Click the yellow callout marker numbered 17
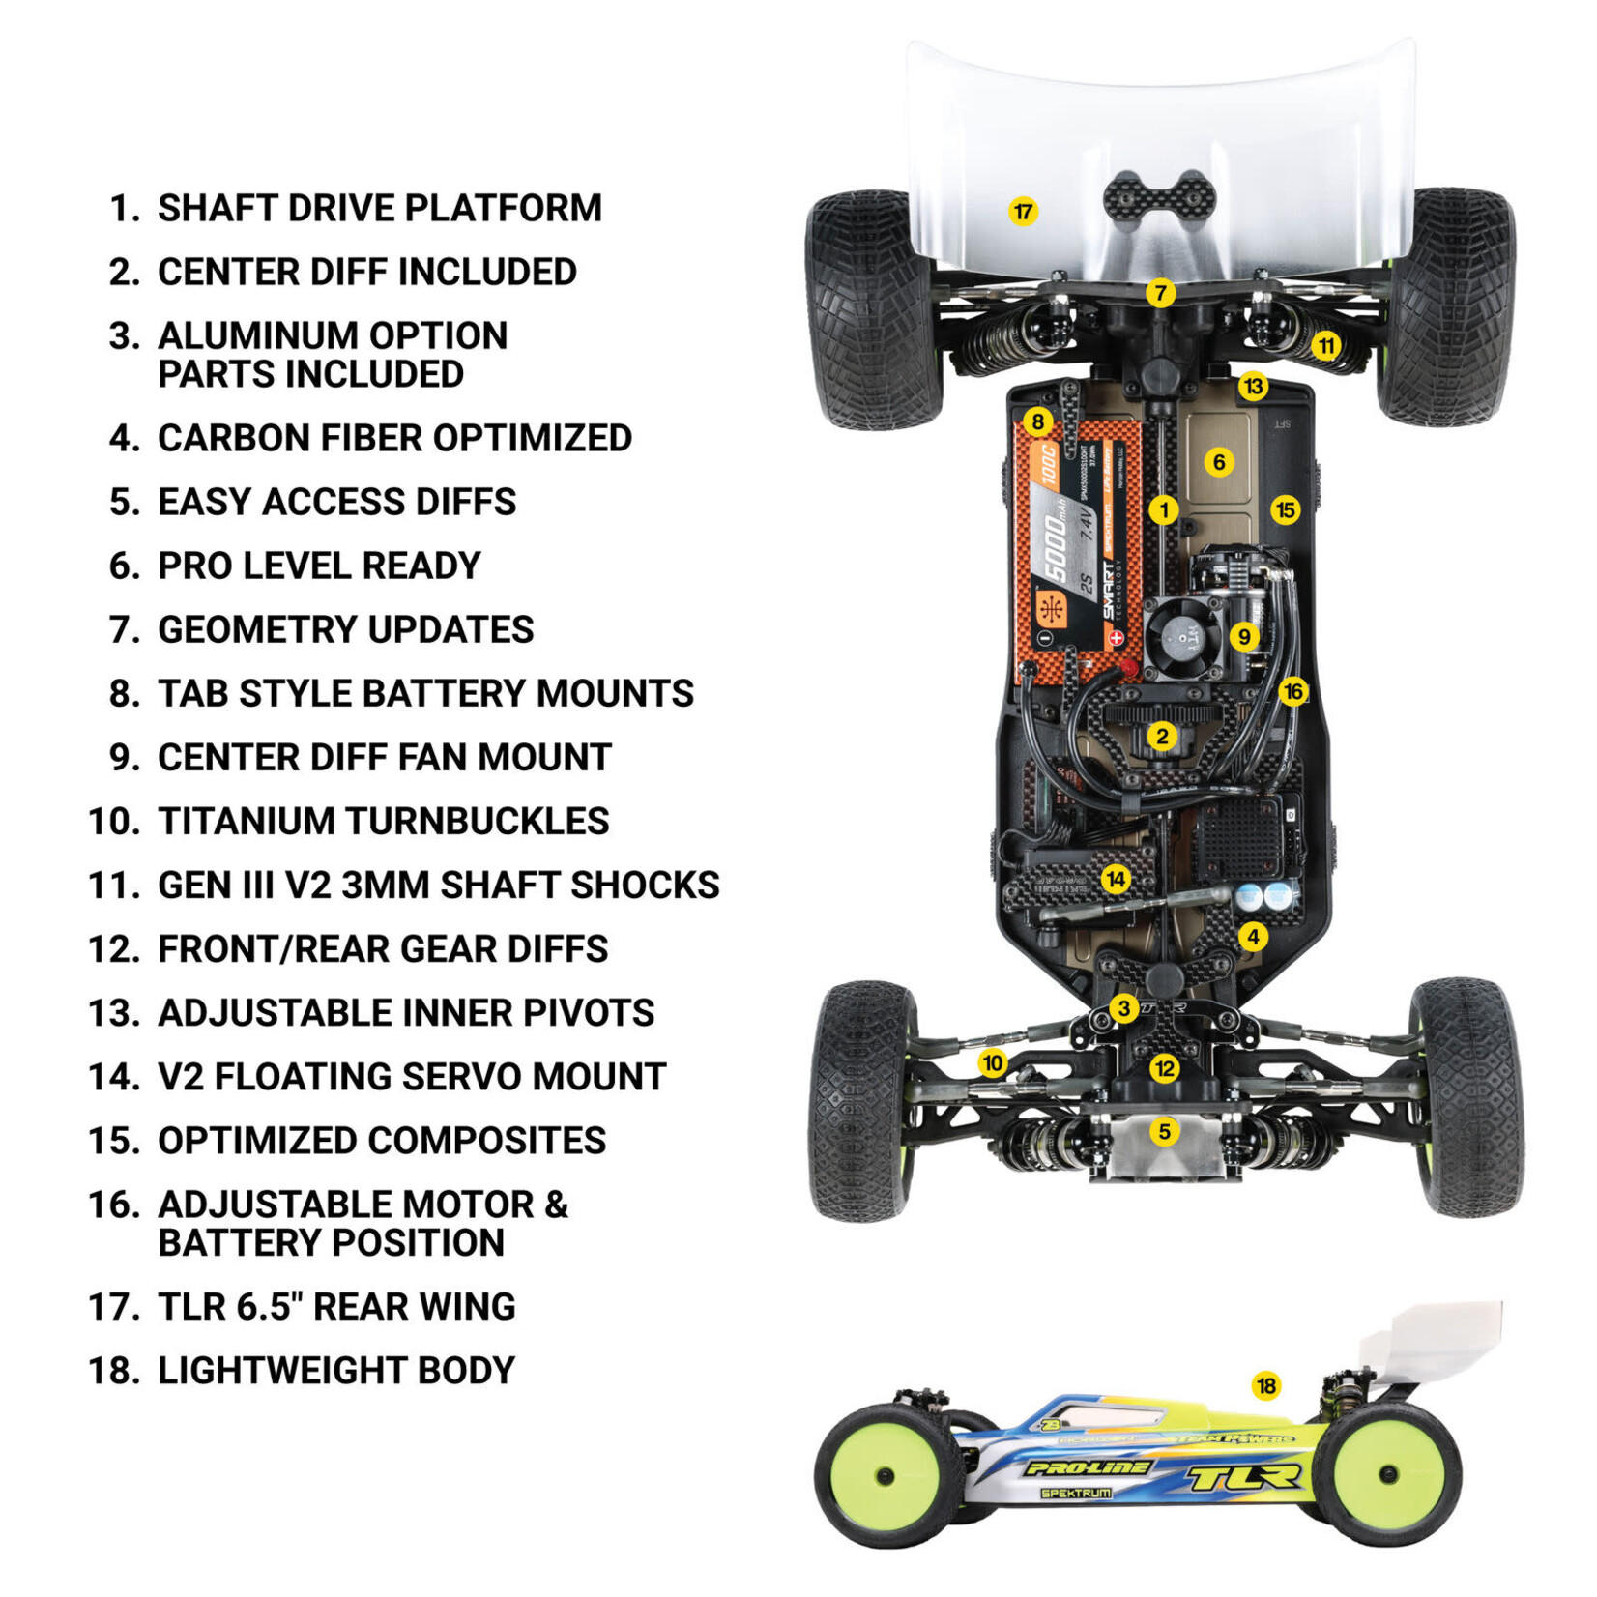tap(1023, 211)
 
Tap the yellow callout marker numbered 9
tap(1244, 636)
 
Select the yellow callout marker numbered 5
tap(1164, 1131)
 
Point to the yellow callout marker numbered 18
tap(1265, 1386)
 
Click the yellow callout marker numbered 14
tap(1116, 879)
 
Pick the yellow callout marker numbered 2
tap(1162, 737)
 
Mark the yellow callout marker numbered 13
tap(1253, 387)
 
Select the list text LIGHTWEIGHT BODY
tap(336, 1371)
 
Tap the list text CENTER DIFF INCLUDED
tap(367, 273)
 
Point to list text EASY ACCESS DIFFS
tap(336, 503)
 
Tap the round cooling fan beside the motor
tap(1181, 636)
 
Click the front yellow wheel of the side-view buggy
tap(886, 1475)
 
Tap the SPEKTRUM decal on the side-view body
tap(1075, 1494)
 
